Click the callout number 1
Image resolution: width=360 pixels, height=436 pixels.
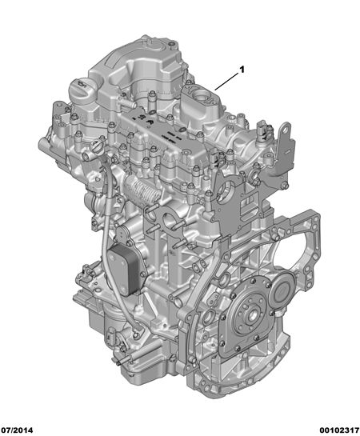click(242, 70)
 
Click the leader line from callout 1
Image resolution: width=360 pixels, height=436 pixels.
click(226, 82)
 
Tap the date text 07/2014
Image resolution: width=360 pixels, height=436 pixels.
click(17, 430)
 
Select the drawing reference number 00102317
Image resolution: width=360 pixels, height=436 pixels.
click(339, 430)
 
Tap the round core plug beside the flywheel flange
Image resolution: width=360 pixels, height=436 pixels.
click(282, 293)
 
